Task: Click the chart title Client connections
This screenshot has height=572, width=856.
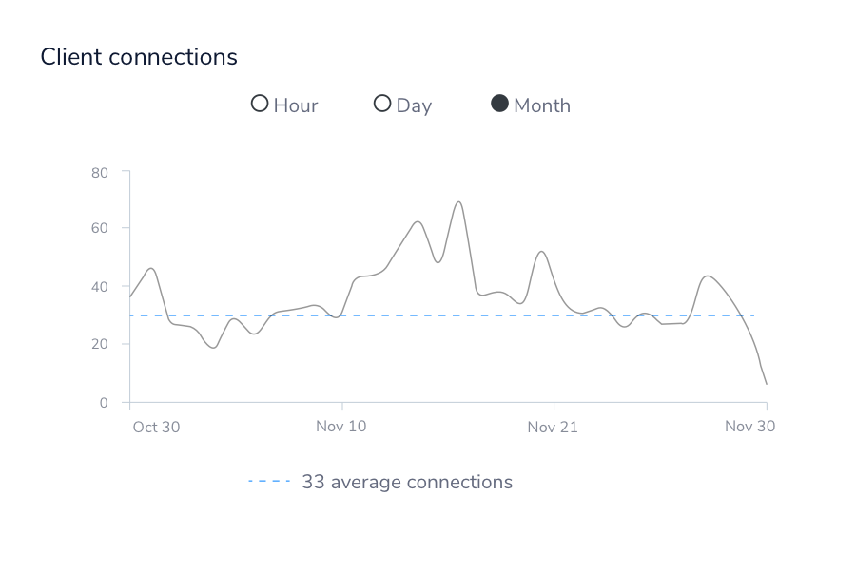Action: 139,57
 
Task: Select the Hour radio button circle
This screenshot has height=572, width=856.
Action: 260,104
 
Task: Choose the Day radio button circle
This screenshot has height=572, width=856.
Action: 382,104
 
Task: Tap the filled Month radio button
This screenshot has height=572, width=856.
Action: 499,104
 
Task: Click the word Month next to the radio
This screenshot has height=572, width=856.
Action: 542,105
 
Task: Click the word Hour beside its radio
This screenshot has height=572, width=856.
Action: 296,105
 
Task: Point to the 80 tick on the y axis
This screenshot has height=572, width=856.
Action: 100,172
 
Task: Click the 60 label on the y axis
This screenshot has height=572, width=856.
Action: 100,228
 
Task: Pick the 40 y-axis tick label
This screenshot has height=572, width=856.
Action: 100,286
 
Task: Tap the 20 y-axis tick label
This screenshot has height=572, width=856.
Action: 100,344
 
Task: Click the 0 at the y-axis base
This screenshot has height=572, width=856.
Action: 104,403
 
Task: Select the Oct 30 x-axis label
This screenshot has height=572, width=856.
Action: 156,427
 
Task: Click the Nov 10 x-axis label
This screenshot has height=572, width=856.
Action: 340,427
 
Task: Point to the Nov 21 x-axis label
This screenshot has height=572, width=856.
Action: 553,427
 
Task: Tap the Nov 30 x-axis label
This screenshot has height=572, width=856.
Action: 749,427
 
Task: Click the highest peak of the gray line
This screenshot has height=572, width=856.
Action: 458,201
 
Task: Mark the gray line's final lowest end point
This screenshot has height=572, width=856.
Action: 767,384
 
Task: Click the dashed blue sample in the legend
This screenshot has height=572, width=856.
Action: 269,482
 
